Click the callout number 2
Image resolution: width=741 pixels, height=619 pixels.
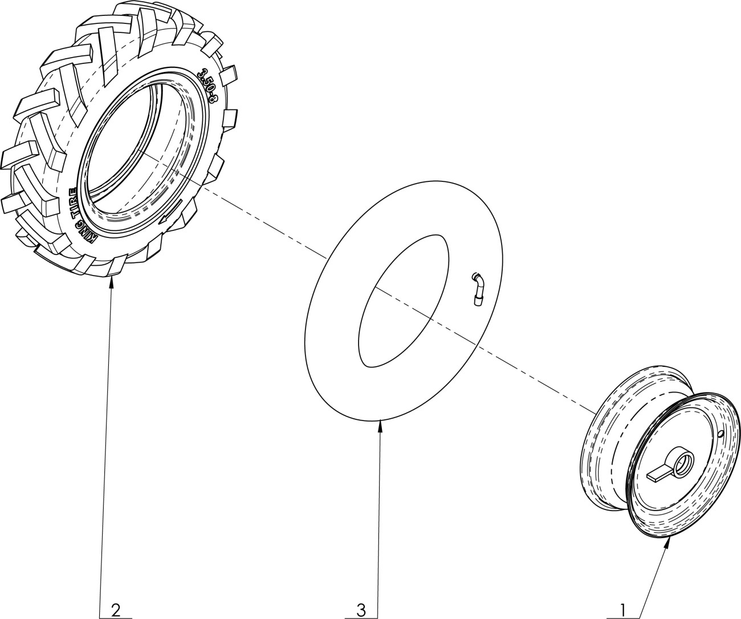pos(116,610)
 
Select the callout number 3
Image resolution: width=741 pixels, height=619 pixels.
pos(360,610)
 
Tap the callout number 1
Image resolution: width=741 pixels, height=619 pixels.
pos(623,610)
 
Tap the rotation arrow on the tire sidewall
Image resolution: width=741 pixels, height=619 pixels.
pos(170,212)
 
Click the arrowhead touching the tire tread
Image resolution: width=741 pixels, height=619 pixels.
pos(112,282)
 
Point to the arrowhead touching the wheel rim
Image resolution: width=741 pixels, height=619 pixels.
pos(667,541)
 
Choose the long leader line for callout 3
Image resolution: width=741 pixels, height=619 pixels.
pos(378,513)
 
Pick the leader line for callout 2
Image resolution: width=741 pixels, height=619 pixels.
pos(106,445)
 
